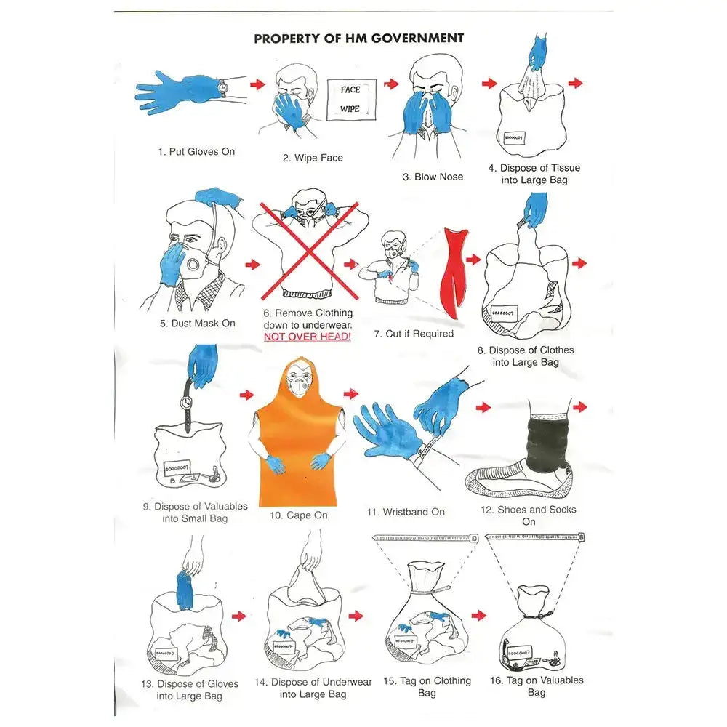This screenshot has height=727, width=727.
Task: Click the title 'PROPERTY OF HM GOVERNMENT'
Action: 359,38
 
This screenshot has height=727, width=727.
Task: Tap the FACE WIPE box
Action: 351,100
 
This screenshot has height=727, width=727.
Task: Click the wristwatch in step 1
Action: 223,87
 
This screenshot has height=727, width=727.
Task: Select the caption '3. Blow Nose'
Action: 433,177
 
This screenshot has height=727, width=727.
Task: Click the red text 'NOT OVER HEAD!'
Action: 307,337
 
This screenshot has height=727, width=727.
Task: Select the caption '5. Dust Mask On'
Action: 198,324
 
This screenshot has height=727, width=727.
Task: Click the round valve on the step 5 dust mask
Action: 193,265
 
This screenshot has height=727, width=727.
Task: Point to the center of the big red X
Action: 308,251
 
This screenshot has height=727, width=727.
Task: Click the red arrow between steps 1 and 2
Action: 257,84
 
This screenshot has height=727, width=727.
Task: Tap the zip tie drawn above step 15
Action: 425,538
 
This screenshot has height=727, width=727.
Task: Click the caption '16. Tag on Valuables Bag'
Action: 537,686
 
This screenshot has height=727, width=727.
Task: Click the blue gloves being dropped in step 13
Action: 185,591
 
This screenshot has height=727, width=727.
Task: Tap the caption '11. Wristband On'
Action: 406,512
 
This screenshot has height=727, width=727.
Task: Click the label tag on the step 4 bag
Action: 514,137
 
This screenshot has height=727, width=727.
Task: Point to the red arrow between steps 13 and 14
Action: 238,616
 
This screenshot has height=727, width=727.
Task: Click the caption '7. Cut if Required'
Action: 414,334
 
